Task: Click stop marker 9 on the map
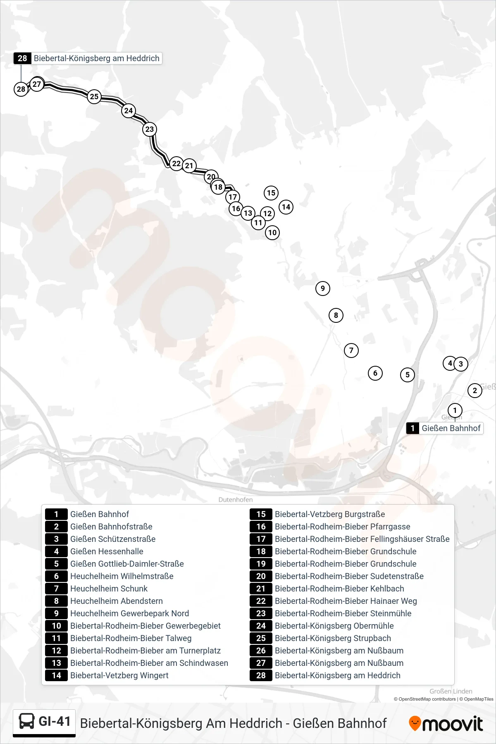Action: click(323, 289)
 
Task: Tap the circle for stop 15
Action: click(271, 193)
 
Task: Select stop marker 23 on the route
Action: click(150, 129)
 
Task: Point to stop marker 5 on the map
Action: click(408, 375)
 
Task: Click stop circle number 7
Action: click(351, 351)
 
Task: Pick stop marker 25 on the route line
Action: click(94, 97)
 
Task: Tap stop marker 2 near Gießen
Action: click(475, 390)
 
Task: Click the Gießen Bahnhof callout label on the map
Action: click(445, 428)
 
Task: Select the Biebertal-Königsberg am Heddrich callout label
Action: click(88, 58)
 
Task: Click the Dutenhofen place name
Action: click(236, 500)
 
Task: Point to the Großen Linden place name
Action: click(451, 691)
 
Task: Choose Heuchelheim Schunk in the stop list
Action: click(109, 589)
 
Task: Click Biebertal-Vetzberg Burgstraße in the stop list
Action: click(330, 514)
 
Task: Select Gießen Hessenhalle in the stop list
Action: click(107, 551)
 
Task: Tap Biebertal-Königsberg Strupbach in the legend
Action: click(333, 638)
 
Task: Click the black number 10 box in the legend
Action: click(56, 626)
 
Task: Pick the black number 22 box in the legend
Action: click(261, 601)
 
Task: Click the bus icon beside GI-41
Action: click(27, 722)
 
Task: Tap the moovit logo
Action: click(446, 723)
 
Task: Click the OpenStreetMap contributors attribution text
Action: click(425, 699)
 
